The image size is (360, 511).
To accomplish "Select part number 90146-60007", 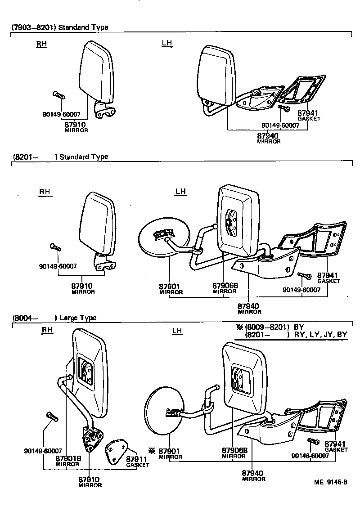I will (x=310, y=456).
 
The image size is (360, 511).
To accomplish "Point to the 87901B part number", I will (x=68, y=458).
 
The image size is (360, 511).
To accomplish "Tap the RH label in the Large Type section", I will (x=47, y=330).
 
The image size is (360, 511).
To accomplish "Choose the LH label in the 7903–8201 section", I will (x=167, y=43).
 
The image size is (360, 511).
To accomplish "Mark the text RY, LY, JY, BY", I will (x=320, y=335).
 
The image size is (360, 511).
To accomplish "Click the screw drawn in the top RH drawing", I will (x=59, y=94).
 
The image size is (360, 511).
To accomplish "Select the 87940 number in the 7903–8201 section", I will (x=268, y=136).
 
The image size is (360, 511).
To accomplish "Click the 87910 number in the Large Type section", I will (x=89, y=480).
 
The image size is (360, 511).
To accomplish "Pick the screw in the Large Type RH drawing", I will (x=53, y=417).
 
